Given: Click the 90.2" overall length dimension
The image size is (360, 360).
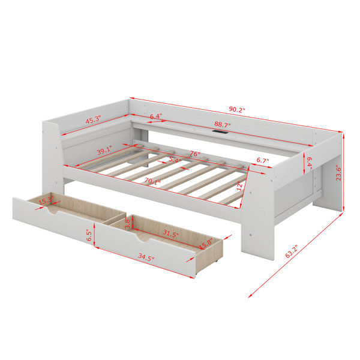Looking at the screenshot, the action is (237, 109).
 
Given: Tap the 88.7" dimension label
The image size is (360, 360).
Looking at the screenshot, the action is (223, 125).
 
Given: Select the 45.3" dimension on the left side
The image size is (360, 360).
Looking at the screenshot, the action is (94, 119).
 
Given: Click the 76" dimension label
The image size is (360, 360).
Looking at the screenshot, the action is (195, 154).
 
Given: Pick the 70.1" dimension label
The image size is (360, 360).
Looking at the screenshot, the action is (152, 181).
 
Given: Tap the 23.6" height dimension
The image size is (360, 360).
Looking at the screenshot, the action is (338, 173).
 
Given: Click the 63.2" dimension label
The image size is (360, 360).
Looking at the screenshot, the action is (292, 251).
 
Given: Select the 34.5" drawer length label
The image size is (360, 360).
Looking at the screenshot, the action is (146, 257).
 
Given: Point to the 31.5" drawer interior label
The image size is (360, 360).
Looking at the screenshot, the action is (171, 233).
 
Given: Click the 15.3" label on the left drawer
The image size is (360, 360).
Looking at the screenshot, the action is (46, 200).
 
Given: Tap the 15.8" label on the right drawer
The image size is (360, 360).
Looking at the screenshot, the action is (206, 244).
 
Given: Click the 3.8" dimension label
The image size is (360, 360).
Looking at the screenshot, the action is (128, 223).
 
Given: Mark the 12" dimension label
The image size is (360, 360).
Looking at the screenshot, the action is (239, 185).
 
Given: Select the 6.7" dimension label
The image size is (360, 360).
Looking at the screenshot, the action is (263, 160).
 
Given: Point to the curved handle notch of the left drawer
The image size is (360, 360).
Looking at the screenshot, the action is (53, 211).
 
